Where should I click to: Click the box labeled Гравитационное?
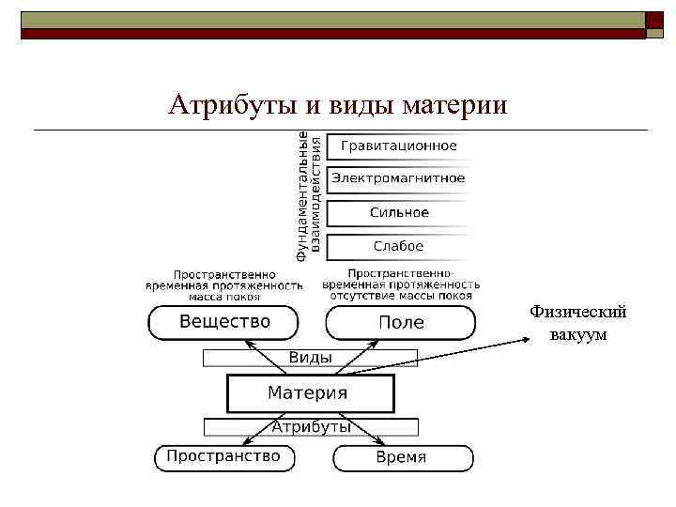(399, 146)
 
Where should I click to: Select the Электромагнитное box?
(399, 178)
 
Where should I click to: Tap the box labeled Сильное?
(399, 212)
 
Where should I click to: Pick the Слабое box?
(399, 246)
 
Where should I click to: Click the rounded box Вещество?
(225, 322)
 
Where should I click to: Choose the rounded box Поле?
(401, 322)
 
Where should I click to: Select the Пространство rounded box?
(223, 457)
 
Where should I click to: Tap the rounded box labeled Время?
(402, 457)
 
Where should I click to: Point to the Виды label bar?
(310, 358)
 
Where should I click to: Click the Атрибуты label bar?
(311, 426)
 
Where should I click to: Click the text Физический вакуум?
(577, 323)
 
